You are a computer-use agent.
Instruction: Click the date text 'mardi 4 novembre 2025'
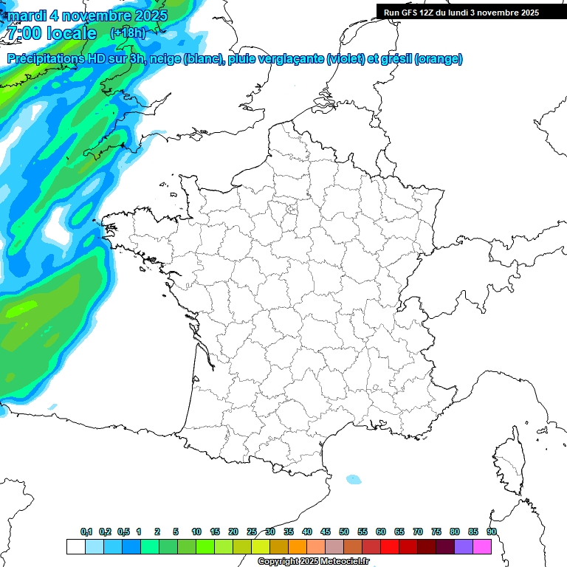(87, 15)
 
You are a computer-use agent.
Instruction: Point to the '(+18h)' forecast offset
(128, 32)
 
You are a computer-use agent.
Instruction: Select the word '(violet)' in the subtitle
(346, 59)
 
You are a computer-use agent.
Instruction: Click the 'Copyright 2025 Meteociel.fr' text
(313, 562)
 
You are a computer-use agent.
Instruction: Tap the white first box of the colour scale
(75, 546)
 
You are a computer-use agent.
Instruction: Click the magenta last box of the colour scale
(482, 546)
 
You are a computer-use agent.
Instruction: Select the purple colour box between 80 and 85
(464, 546)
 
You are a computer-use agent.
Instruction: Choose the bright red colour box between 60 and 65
(390, 546)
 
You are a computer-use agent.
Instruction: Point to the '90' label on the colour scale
(491, 532)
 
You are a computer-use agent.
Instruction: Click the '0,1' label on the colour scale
(86, 532)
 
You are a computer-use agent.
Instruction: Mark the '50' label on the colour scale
(344, 532)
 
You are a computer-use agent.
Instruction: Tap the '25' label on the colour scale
(252, 532)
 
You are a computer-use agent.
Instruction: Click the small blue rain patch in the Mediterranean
(354, 479)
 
